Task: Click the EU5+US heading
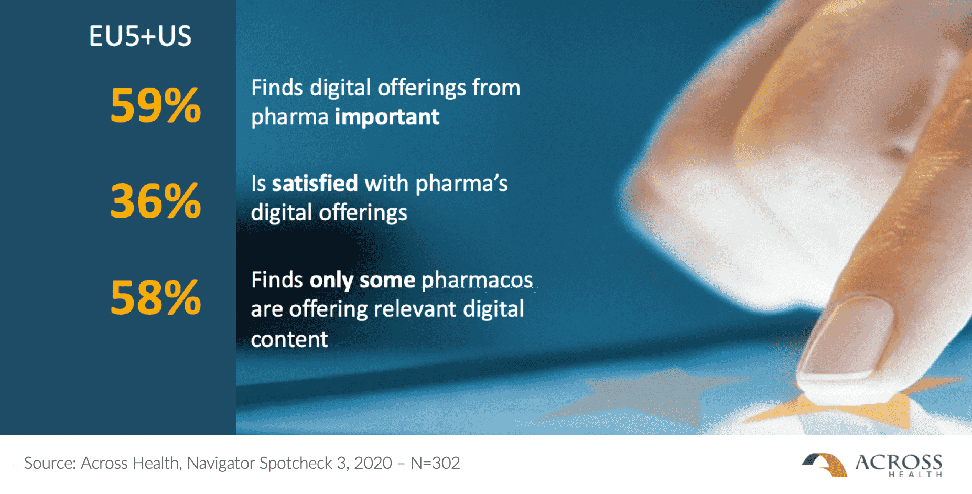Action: [140, 36]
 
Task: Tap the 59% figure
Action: [156, 105]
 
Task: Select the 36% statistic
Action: [156, 201]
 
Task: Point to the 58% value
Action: [156, 297]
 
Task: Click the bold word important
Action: [387, 117]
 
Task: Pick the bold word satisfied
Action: [315, 184]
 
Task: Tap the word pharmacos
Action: [477, 281]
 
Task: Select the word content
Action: [289, 339]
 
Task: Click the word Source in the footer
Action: [50, 463]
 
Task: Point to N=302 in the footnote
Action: [435, 463]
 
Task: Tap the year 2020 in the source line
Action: [373, 463]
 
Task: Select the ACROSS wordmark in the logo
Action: [899, 462]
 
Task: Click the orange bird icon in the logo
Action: [825, 465]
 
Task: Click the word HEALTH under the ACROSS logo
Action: [915, 475]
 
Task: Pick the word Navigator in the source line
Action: [221, 464]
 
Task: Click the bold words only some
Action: [362, 281]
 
